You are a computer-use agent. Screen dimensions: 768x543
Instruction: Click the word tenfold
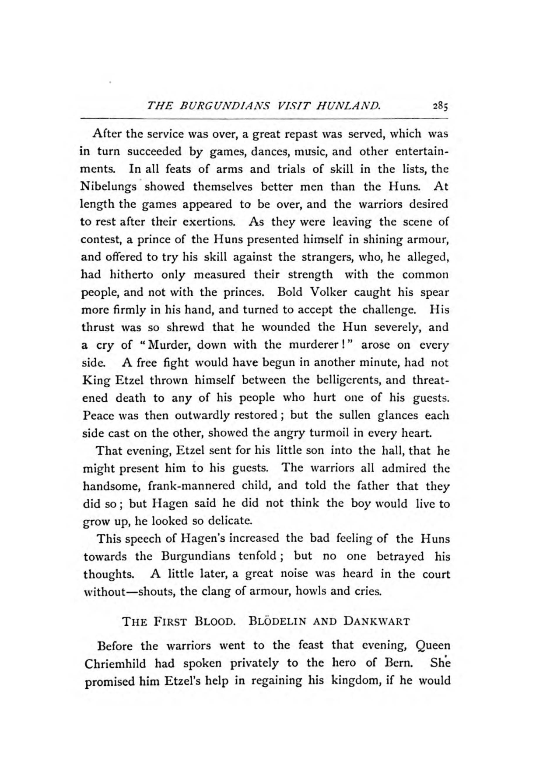click(258, 556)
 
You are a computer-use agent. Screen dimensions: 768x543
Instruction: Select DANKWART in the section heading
click(377, 621)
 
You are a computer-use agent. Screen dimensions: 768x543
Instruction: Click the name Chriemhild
click(115, 663)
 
